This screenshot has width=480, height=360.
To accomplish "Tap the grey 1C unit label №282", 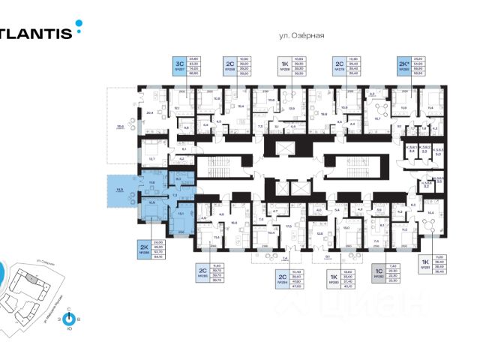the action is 380,279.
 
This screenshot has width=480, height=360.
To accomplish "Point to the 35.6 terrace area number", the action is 119,127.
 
